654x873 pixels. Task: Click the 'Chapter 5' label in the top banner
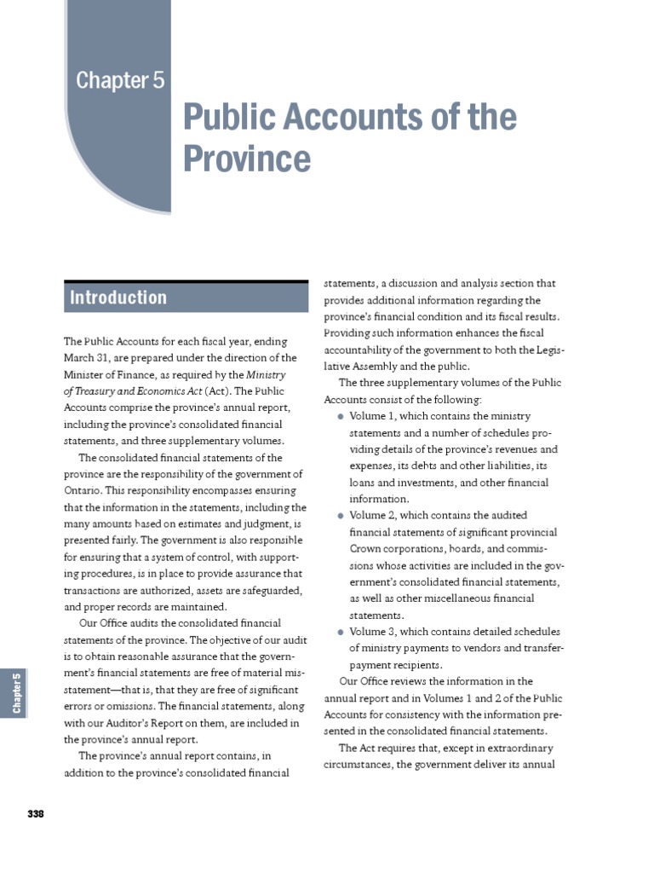pos(120,80)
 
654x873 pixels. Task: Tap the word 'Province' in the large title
pos(248,158)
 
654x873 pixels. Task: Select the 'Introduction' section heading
pos(118,298)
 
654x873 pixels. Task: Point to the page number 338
pos(35,813)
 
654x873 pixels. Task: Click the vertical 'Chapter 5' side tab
pos(16,692)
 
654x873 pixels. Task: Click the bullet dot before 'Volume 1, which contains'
pos(341,416)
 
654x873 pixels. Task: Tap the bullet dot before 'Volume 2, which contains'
pos(341,516)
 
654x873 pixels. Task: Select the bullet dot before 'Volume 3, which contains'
pos(341,632)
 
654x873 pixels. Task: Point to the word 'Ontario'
pos(83,491)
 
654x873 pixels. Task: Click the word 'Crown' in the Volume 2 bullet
pos(366,549)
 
